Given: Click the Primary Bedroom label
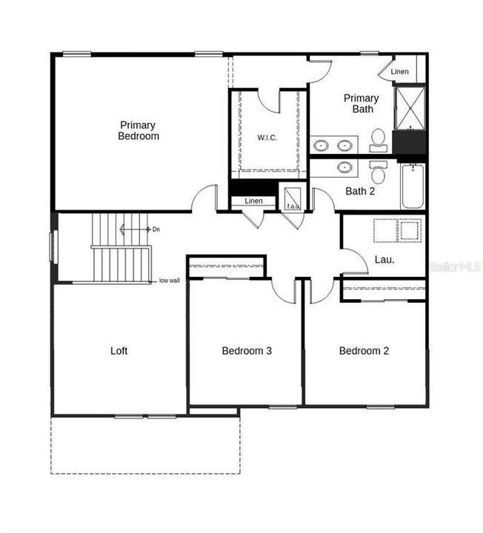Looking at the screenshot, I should tap(139, 130).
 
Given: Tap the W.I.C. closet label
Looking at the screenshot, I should tap(267, 138).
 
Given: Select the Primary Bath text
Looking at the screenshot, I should tap(361, 104).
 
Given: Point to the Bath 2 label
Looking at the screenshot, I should tap(361, 191).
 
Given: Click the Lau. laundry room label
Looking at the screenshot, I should tap(384, 260).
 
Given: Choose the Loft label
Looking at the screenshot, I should tap(119, 350).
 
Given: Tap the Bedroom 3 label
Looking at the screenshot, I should tap(247, 350).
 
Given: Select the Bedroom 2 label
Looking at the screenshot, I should tap(364, 350).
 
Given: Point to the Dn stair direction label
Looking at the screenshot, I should tap(156, 229).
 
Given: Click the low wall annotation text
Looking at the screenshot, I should tap(170, 281).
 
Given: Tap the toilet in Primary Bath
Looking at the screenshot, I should tap(378, 138).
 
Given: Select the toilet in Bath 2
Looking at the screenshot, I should tap(378, 173).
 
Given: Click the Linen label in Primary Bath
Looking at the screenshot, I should tap(399, 72).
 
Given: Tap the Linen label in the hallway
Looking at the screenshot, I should tap(253, 201).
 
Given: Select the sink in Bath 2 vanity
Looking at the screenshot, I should tap(344, 167).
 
